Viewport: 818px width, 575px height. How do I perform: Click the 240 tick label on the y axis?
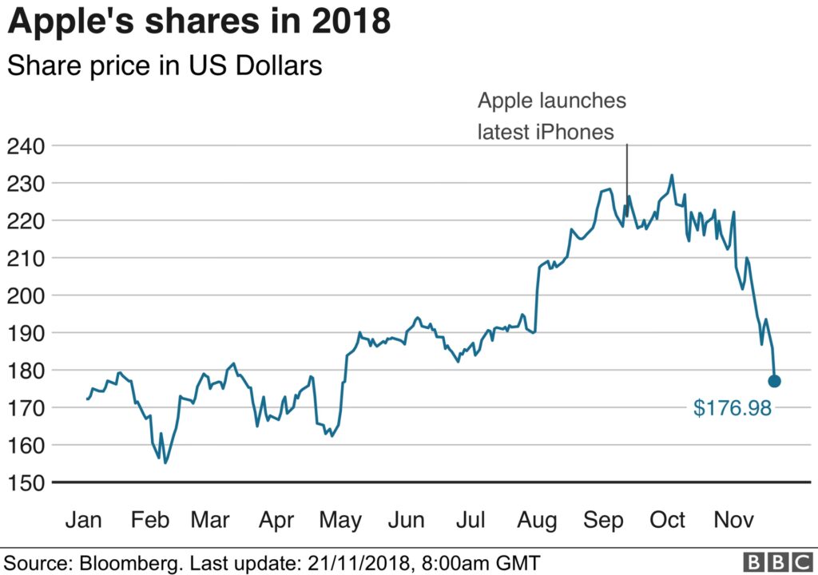click(25, 146)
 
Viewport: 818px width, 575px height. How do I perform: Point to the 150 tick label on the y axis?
click(25, 482)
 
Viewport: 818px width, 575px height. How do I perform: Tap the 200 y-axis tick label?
click(25, 295)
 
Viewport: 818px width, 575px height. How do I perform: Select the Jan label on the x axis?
click(84, 520)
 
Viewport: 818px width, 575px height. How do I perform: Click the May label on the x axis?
click(340, 520)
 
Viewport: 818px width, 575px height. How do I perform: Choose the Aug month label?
click(537, 520)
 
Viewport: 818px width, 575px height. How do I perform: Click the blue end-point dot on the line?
click(774, 381)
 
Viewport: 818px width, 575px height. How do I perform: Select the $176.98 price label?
click(732, 408)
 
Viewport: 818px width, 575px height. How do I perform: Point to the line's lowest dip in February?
click(165, 462)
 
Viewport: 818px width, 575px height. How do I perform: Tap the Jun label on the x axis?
click(406, 520)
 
